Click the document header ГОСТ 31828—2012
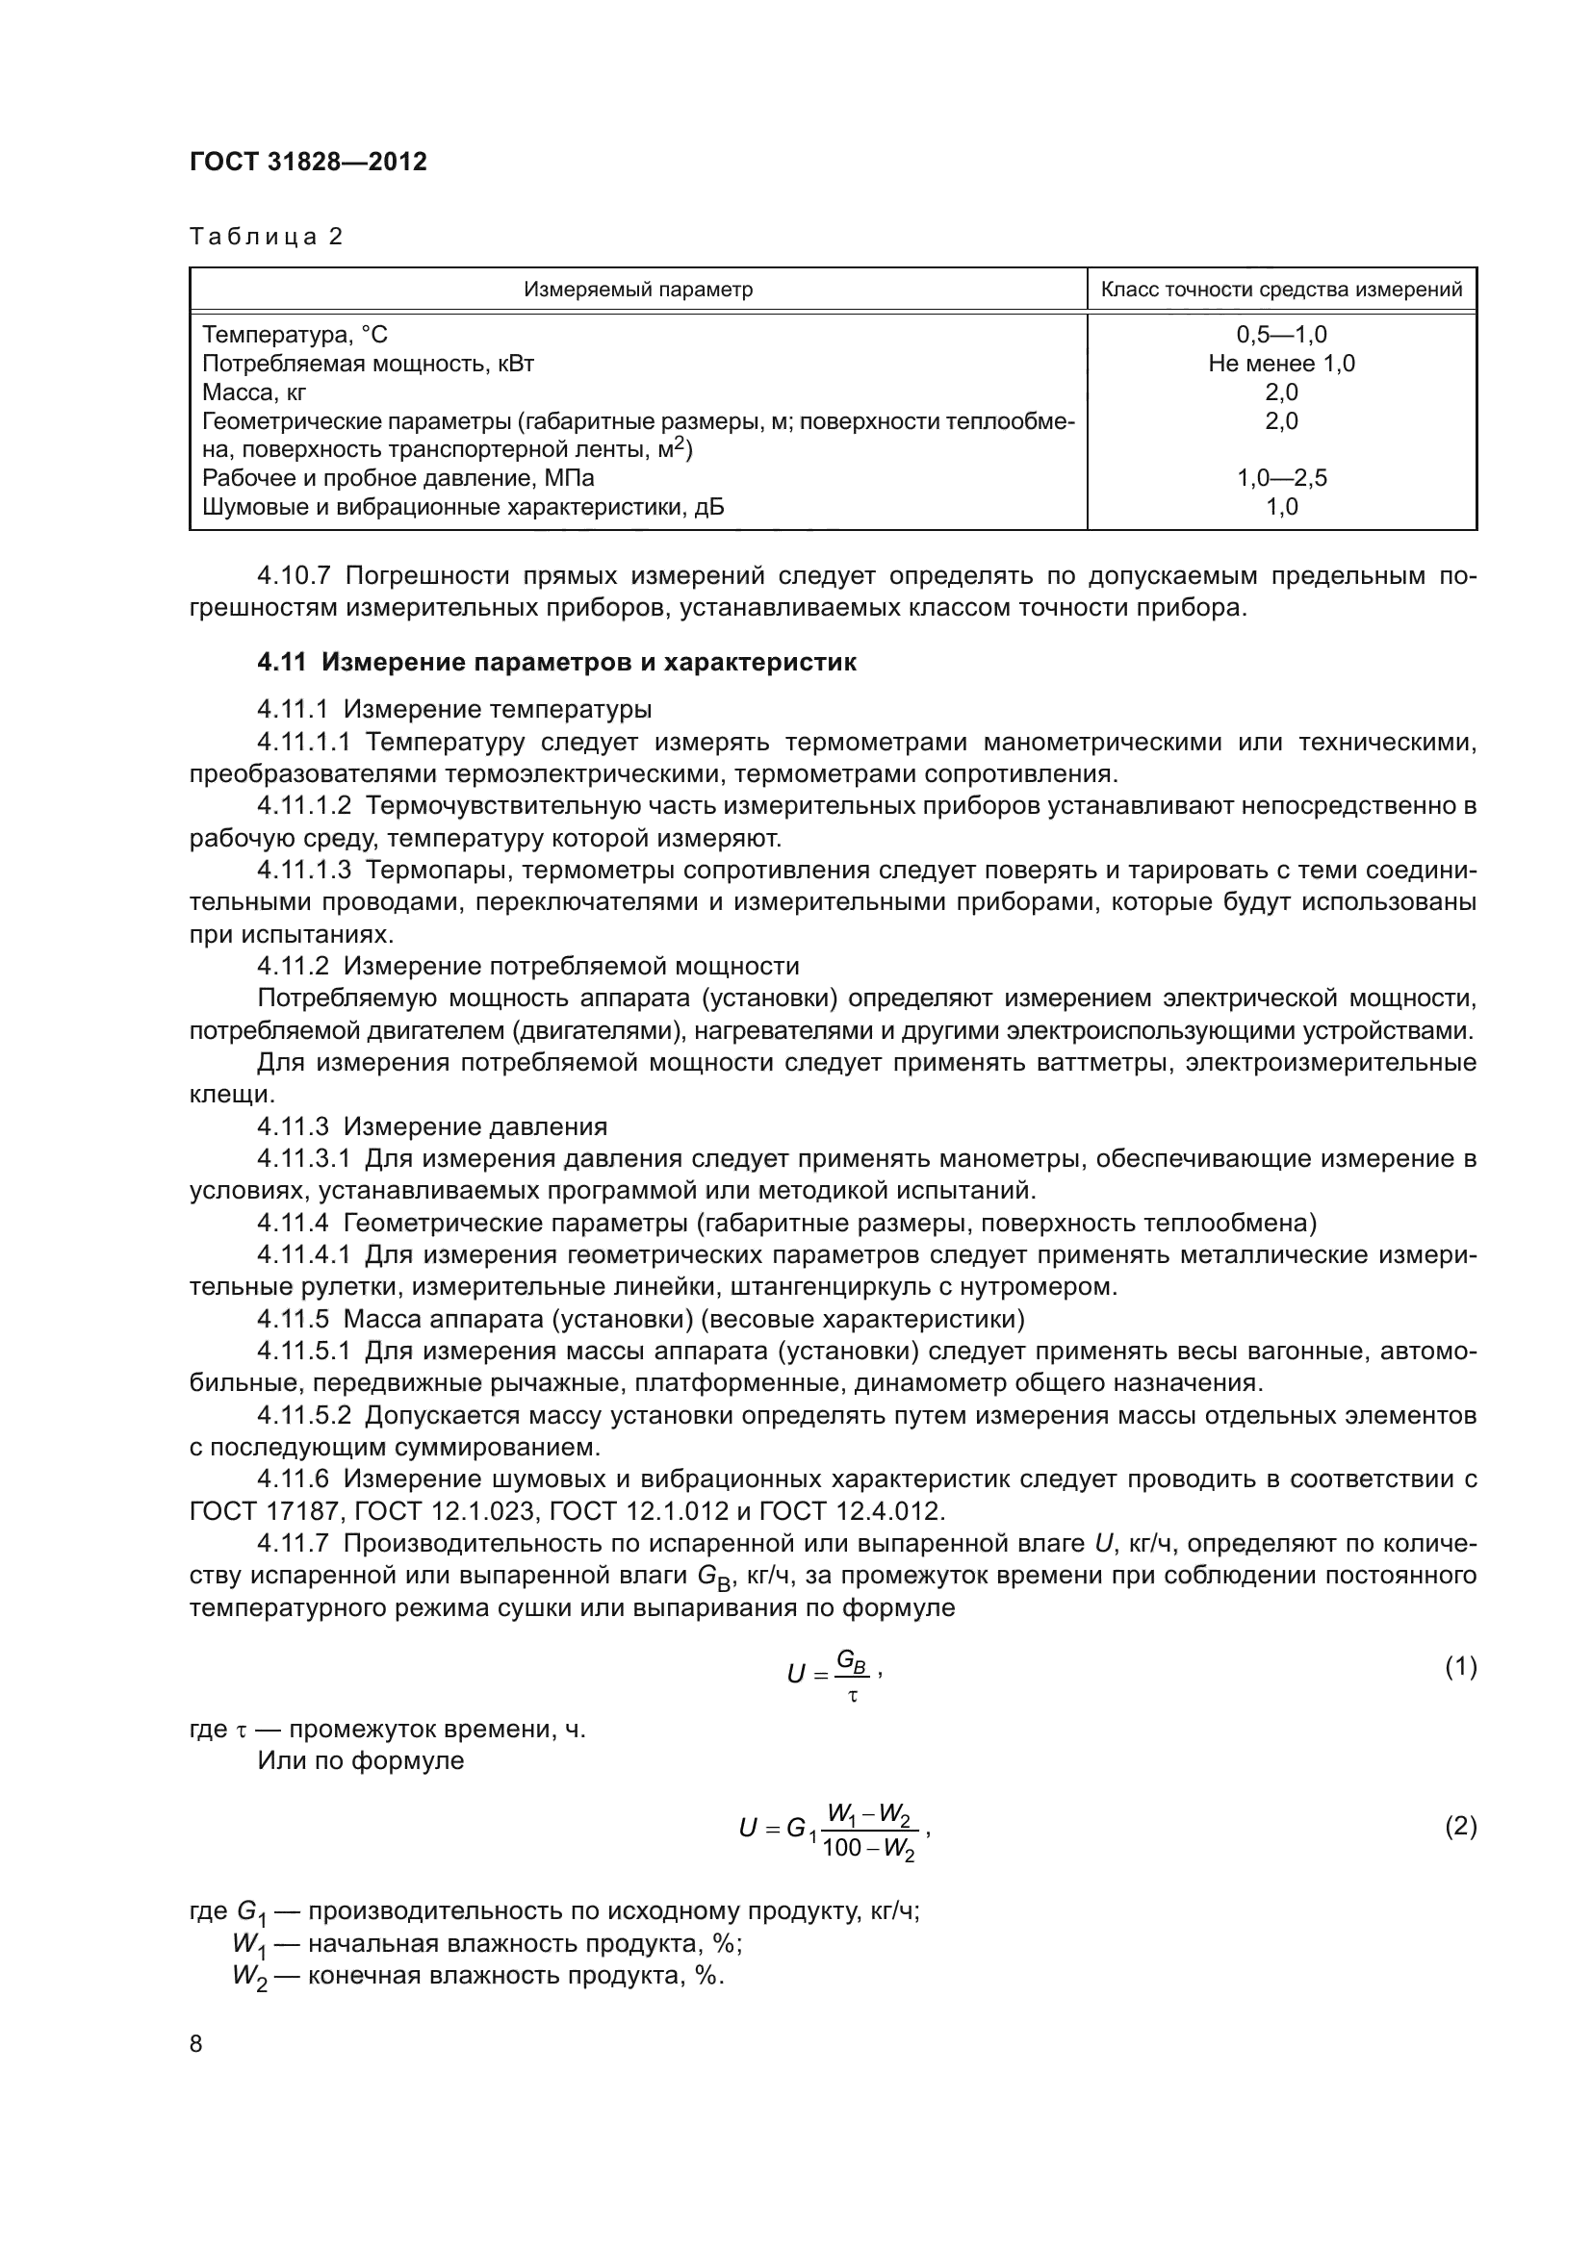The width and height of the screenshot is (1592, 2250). tap(308, 162)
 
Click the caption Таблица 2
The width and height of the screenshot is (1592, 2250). tap(266, 237)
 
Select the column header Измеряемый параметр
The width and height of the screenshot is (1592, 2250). tap(637, 290)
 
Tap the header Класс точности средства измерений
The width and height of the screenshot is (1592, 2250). tap(1281, 290)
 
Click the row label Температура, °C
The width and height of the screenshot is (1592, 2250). tap(295, 335)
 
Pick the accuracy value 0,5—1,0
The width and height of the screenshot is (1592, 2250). tap(1281, 335)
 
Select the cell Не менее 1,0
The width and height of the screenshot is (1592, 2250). tap(1281, 364)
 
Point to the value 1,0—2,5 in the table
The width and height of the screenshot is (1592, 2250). tap(1281, 478)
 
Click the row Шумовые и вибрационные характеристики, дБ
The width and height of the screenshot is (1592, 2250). tap(463, 507)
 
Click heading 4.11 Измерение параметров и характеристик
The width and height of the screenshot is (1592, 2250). tap(555, 663)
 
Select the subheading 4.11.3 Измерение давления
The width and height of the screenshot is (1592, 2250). tap(431, 1126)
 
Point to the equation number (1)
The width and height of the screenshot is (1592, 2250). tap(1460, 1666)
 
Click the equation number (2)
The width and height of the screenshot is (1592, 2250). tap(1460, 1826)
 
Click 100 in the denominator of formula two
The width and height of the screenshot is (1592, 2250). tap(840, 1848)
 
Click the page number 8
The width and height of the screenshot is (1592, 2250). tap(196, 2043)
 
